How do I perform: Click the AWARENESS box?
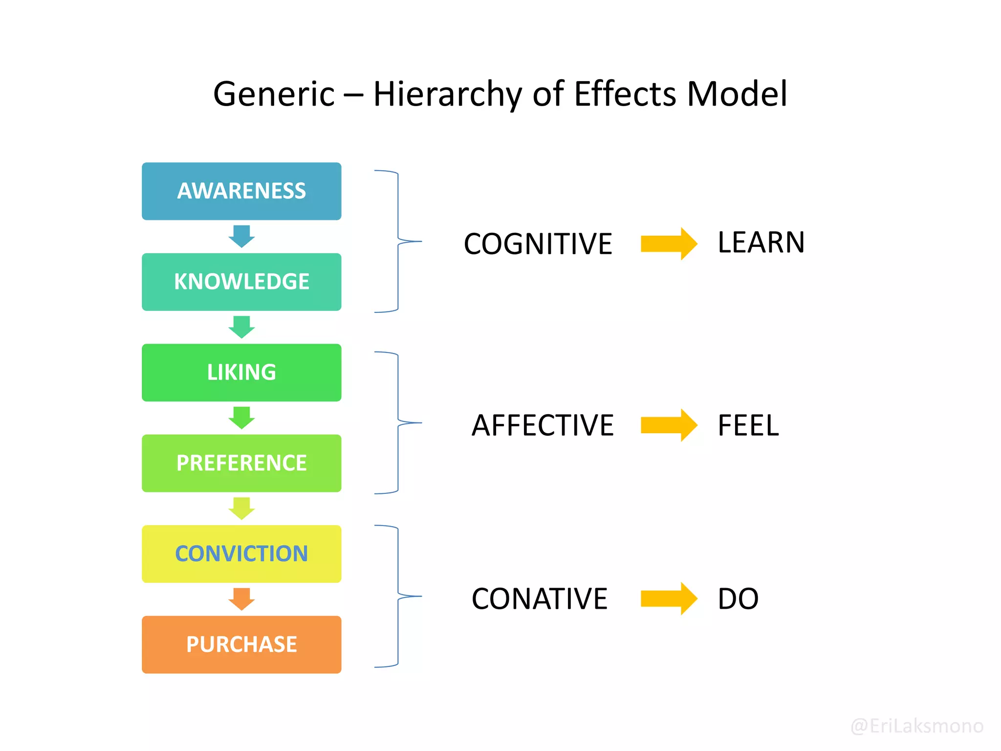coord(241,191)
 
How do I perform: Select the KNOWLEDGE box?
coord(241,282)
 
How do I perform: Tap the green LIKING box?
coord(241,373)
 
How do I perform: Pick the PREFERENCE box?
coord(241,464)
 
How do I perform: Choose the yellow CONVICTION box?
coord(241,554)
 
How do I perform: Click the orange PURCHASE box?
coord(241,644)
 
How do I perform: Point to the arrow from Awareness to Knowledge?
coord(241,236)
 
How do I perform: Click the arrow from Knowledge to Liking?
coord(241,327)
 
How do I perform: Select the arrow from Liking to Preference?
coord(241,418)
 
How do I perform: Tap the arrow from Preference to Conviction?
coord(241,508)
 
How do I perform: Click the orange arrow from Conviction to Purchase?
coord(241,599)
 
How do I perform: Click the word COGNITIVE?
coord(538,244)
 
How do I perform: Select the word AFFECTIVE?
coord(543,425)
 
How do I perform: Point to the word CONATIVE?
coord(539,599)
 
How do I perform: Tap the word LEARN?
coord(761,243)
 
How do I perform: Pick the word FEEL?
coord(748,425)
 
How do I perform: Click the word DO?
coord(738,599)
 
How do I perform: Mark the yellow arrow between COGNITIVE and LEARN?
coord(669,243)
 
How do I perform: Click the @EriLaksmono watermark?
coord(917,726)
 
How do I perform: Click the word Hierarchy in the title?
coord(447,94)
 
